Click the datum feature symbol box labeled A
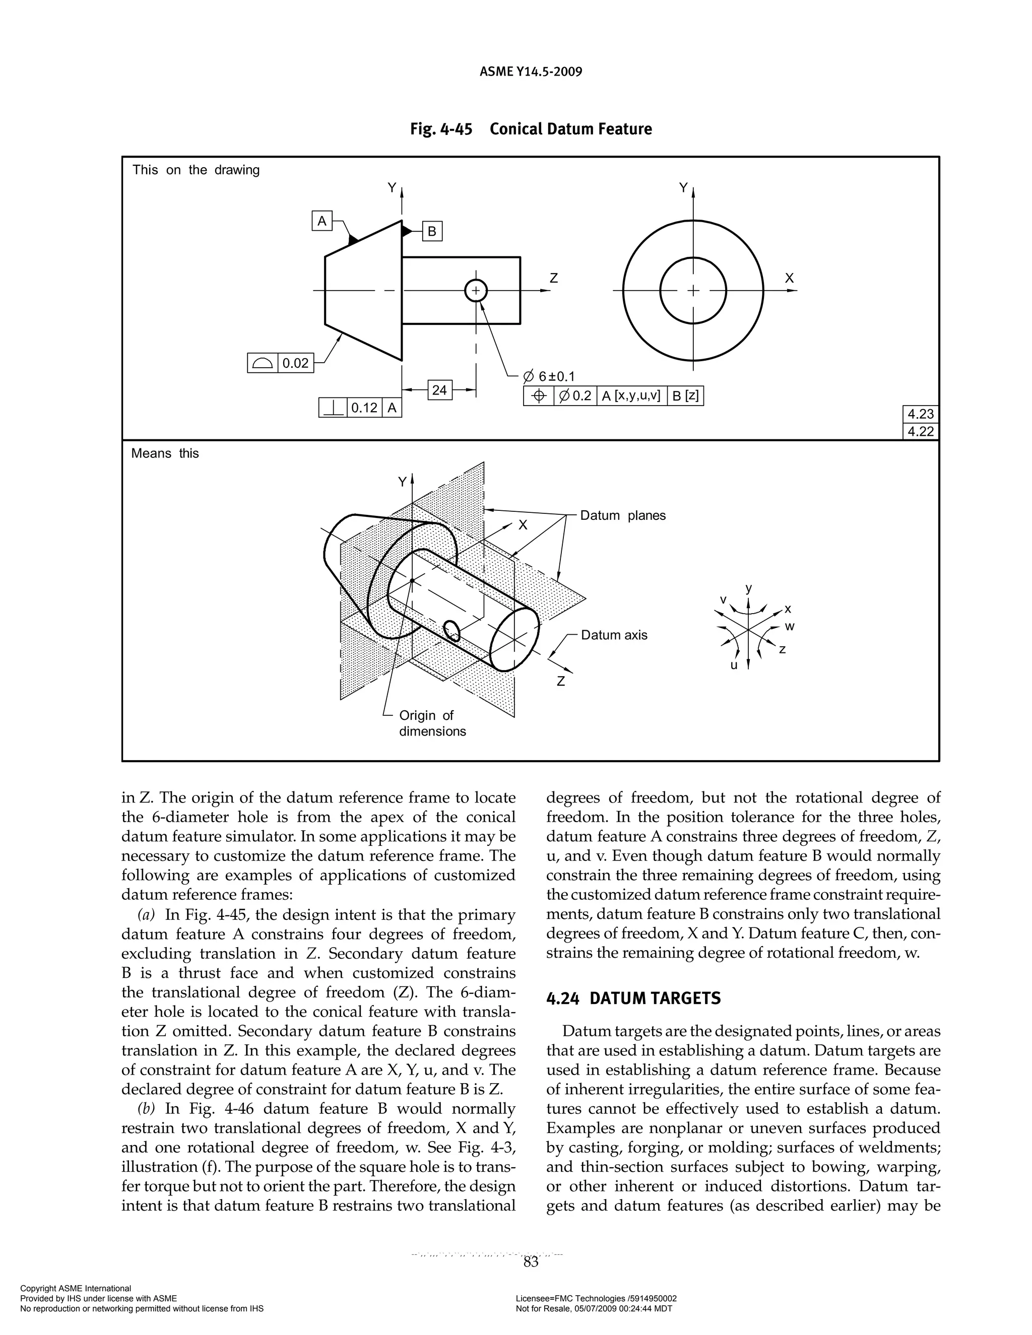pyautogui.click(x=322, y=220)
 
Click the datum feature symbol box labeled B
pyautogui.click(x=432, y=231)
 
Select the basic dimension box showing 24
pyautogui.click(x=439, y=390)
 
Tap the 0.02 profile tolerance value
pyautogui.click(x=296, y=363)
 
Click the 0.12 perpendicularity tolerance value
pyautogui.click(x=364, y=407)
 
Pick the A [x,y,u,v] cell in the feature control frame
pyautogui.click(x=631, y=396)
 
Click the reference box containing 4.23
pyautogui.click(x=921, y=414)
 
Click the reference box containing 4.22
pyautogui.click(x=921, y=432)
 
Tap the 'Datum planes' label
pyautogui.click(x=622, y=515)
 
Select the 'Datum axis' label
pyautogui.click(x=614, y=635)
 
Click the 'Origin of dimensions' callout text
pyautogui.click(x=432, y=723)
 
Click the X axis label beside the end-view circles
pyautogui.click(x=789, y=278)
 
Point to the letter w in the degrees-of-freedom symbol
pyautogui.click(x=790, y=627)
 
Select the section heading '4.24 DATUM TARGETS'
pyautogui.click(x=633, y=998)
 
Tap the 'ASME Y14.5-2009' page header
pyautogui.click(x=530, y=72)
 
